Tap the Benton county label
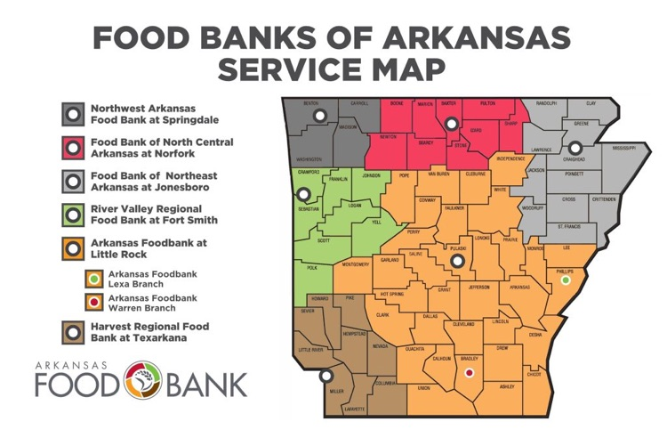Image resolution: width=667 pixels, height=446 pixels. [x=311, y=103]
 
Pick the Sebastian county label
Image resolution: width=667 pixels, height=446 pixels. [x=309, y=209]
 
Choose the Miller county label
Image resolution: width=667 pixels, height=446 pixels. [x=335, y=391]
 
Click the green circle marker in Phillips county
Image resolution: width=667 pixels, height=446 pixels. [x=566, y=281]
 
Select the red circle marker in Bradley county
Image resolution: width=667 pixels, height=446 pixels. [x=470, y=373]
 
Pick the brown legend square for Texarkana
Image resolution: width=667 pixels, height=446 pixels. [x=73, y=332]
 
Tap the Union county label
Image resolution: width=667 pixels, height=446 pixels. [x=423, y=389]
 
